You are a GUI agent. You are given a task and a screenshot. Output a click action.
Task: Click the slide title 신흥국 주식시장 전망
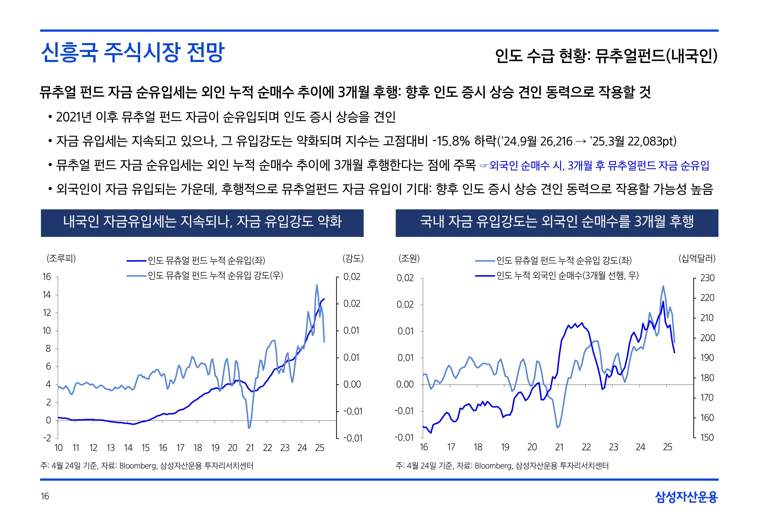point(132,53)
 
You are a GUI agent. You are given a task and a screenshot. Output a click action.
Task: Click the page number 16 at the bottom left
point(45,496)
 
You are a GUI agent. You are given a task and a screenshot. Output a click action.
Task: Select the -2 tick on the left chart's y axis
point(47,438)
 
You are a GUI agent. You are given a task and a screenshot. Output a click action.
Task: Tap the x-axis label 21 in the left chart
point(250,448)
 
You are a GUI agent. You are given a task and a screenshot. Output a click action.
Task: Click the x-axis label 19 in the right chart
point(505,447)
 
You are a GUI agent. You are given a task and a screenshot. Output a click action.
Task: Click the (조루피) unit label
point(61,259)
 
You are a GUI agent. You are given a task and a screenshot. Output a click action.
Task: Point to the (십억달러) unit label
point(697,259)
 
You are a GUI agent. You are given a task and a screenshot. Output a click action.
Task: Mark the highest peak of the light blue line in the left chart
point(317,285)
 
